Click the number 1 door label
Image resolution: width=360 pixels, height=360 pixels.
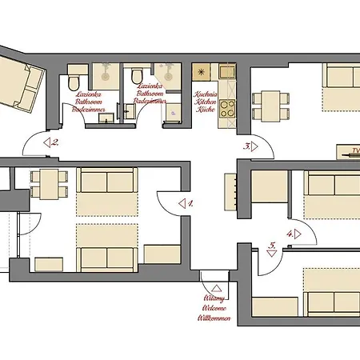point(186,203)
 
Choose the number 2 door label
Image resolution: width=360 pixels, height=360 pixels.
point(53,143)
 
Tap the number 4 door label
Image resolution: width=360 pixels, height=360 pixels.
point(291,234)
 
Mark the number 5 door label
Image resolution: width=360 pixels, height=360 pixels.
point(272,247)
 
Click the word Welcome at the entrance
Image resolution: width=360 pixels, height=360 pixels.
point(214,310)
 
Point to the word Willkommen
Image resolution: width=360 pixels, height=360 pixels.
point(214,318)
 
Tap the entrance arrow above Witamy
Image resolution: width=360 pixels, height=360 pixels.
point(214,287)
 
